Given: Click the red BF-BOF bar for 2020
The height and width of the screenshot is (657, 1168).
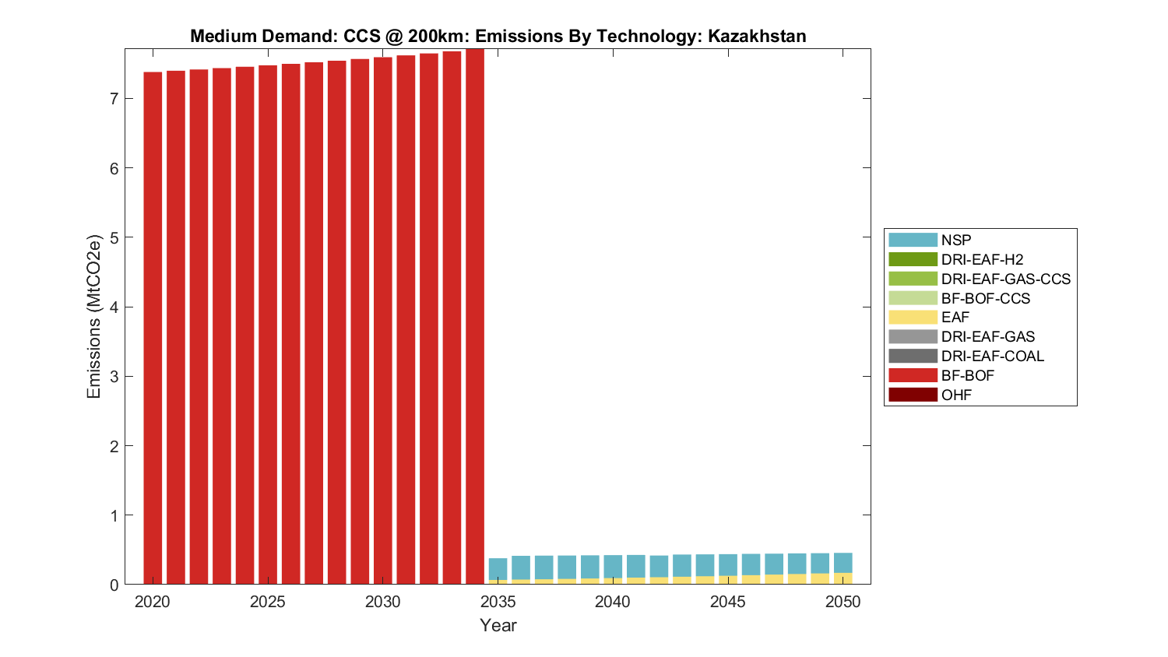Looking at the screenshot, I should pyautogui.click(x=153, y=327).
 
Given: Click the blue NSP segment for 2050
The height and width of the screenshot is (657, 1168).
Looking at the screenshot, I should pyautogui.click(x=843, y=563).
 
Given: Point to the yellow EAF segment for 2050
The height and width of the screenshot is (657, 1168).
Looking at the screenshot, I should pyautogui.click(x=843, y=578).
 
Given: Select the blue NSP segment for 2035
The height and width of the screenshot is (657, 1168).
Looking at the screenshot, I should pyautogui.click(x=498, y=569).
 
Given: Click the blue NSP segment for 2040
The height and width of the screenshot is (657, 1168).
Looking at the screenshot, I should pyautogui.click(x=613, y=567).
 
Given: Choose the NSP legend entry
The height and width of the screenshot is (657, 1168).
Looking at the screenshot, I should pyautogui.click(x=955, y=241).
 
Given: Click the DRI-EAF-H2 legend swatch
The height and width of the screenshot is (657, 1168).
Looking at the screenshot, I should pyautogui.click(x=913, y=259).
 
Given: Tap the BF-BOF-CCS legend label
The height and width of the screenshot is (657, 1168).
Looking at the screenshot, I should pyautogui.click(x=985, y=298).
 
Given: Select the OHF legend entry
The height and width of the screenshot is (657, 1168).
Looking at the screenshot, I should pyautogui.click(x=955, y=395).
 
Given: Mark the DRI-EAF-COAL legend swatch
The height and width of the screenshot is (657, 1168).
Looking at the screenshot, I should pyautogui.click(x=913, y=356).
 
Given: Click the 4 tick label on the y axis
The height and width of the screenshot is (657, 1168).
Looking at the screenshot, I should pyautogui.click(x=114, y=307).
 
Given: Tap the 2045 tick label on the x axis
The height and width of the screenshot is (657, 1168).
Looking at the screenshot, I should pyautogui.click(x=728, y=602).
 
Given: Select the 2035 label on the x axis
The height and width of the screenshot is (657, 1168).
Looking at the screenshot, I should pyautogui.click(x=498, y=602).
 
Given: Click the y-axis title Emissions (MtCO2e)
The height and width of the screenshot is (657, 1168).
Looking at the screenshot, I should pyautogui.click(x=94, y=317).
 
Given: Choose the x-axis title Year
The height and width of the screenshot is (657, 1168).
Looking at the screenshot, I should pyautogui.click(x=498, y=626).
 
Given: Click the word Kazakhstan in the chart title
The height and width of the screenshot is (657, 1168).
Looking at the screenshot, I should pyautogui.click(x=756, y=36).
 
